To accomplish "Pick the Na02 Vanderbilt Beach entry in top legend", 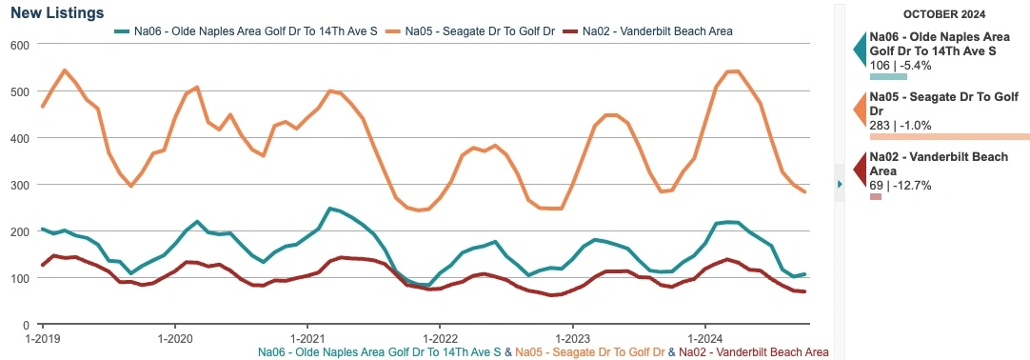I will [x=656, y=31].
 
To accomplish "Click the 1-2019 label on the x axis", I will [x=41, y=338].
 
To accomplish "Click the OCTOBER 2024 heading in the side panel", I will [x=943, y=15].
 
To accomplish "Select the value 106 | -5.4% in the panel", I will [x=901, y=65].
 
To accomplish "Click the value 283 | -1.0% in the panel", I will [x=901, y=125].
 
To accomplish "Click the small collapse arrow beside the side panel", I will [x=839, y=184].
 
